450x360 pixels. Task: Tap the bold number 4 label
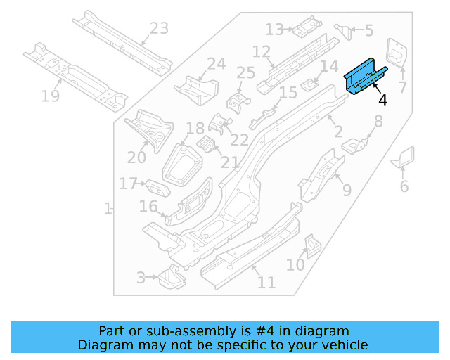tap(382, 100)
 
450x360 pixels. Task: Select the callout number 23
tap(159, 29)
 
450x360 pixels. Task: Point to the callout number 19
tap(50, 96)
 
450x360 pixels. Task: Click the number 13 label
tap(274, 30)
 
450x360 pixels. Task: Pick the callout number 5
tap(369, 30)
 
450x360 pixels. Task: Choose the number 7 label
tap(403, 88)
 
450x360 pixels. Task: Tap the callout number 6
tap(404, 186)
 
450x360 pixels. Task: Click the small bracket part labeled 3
tap(169, 278)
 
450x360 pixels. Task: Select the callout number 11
tap(266, 283)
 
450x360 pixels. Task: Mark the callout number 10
tap(295, 264)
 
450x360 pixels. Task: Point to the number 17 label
tap(128, 184)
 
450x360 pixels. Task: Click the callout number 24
tap(216, 64)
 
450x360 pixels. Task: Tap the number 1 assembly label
tap(108, 209)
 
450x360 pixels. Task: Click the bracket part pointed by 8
tap(356, 145)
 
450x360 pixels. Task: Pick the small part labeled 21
tap(206, 145)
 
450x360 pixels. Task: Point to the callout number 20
tap(136, 158)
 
